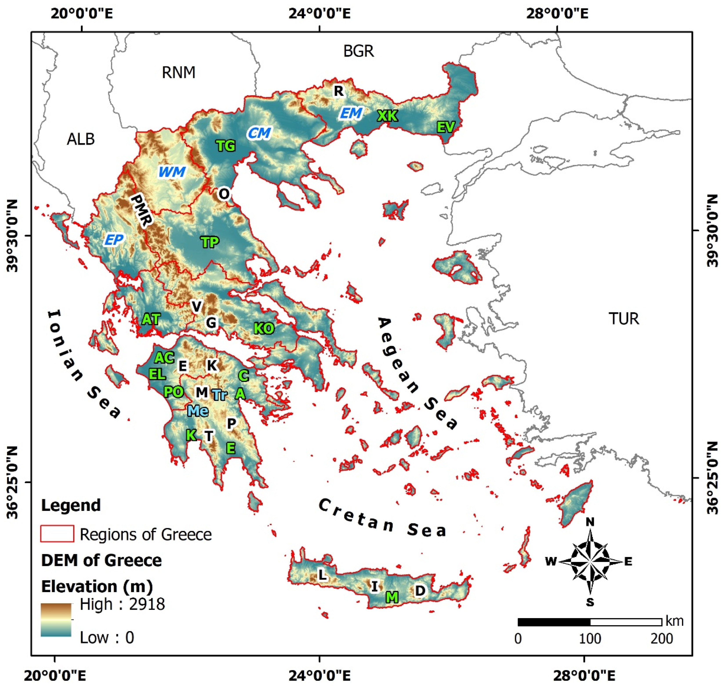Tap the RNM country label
click(x=178, y=72)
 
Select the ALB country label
click(x=81, y=139)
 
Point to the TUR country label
click(x=624, y=319)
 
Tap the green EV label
click(x=446, y=127)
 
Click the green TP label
click(x=210, y=242)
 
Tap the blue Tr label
click(x=220, y=395)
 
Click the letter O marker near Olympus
click(x=224, y=193)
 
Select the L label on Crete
click(x=322, y=575)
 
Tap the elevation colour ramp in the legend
click(x=56, y=619)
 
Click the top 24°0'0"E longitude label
click(x=319, y=14)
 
